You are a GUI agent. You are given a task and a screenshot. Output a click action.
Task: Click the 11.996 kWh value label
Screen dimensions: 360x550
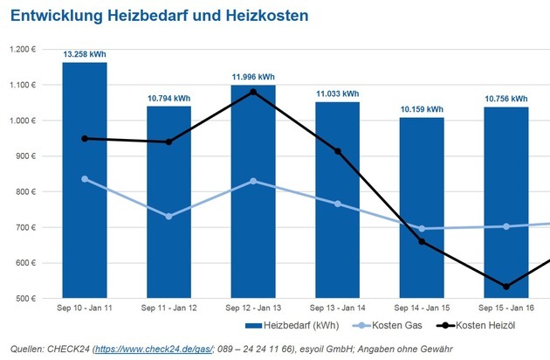(x=253, y=76)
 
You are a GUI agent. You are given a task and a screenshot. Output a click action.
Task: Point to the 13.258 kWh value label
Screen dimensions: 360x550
(x=84, y=54)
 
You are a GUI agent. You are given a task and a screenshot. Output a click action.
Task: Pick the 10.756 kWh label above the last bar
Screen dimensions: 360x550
(x=506, y=98)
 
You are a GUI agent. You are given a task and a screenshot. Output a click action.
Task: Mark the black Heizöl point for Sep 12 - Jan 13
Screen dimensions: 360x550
(x=253, y=92)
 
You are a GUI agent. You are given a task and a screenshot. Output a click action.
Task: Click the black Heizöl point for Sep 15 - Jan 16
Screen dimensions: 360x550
(x=506, y=287)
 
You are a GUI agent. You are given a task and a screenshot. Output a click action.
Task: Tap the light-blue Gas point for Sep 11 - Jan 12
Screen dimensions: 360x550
(x=168, y=216)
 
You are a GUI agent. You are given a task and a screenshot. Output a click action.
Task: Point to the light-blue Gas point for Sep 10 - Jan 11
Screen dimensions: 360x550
(x=84, y=178)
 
